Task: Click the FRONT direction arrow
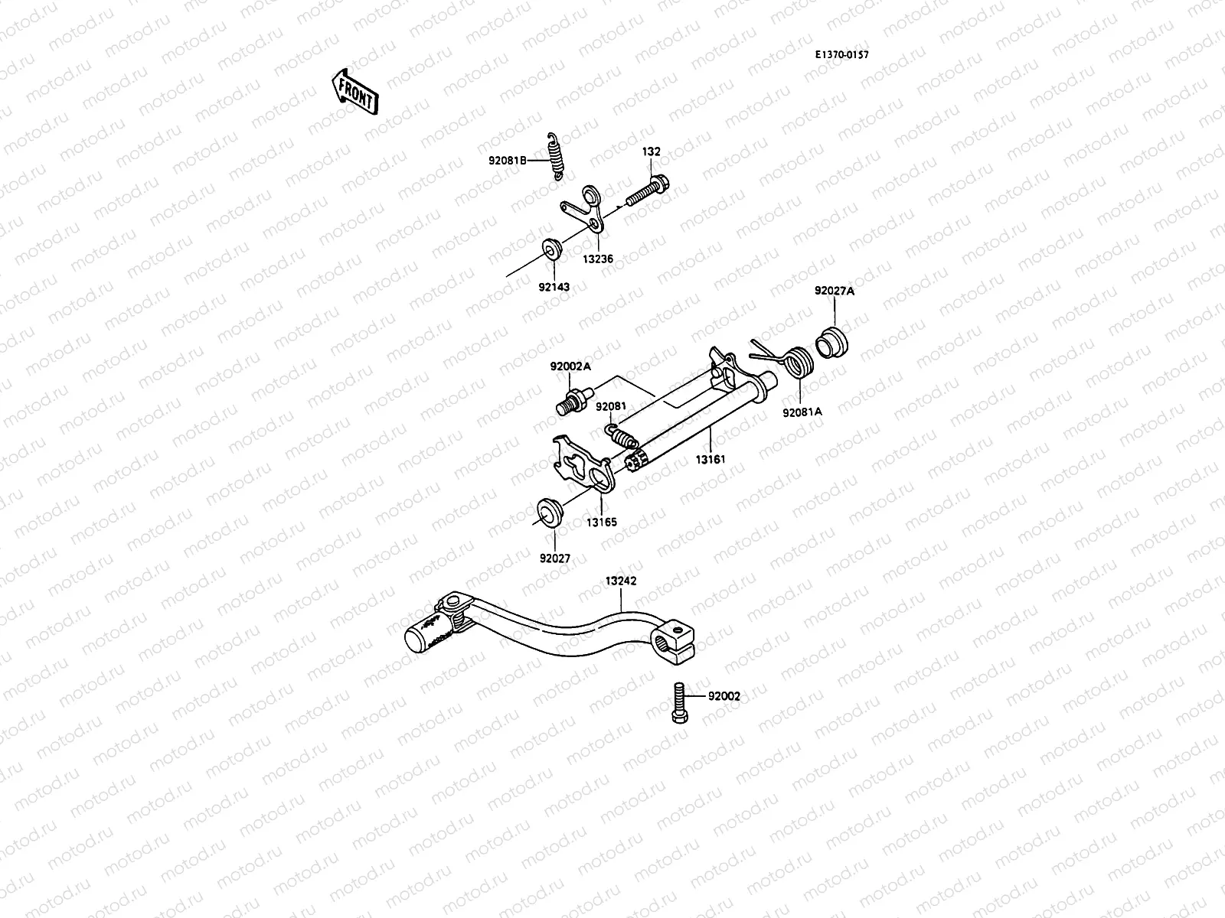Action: pos(354,92)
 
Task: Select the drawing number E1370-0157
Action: pos(841,54)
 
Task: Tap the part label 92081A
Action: pos(802,412)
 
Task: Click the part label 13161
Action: pos(710,460)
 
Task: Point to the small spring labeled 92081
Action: pos(622,436)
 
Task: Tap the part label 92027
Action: pos(554,558)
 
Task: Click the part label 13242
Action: pos(620,581)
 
